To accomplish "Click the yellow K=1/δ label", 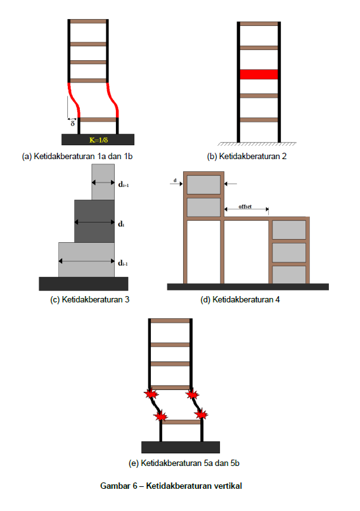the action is pyautogui.click(x=98, y=140).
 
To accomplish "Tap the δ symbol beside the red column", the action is pyautogui.click(x=73, y=124).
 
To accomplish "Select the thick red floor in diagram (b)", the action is pyautogui.click(x=259, y=74).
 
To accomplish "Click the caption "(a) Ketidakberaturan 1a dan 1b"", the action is pyautogui.click(x=77, y=157).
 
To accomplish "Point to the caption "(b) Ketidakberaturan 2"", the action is pyautogui.click(x=247, y=157).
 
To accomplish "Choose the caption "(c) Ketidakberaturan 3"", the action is pyautogui.click(x=89, y=299).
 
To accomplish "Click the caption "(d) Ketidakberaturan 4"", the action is pyautogui.click(x=240, y=299).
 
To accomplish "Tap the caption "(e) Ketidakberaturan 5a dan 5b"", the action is pyautogui.click(x=184, y=463).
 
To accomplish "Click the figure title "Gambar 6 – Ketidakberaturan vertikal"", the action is pyautogui.click(x=171, y=486).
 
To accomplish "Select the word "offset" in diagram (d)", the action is pyautogui.click(x=245, y=206).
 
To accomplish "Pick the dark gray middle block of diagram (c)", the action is pyautogui.click(x=94, y=221).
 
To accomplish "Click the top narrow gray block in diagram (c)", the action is pyautogui.click(x=103, y=182).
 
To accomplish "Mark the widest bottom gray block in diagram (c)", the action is pyautogui.click(x=87, y=260).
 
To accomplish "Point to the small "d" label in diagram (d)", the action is pyautogui.click(x=175, y=180).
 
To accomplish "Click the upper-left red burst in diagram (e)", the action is pyautogui.click(x=151, y=394).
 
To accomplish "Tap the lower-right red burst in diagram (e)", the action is pyautogui.click(x=201, y=414).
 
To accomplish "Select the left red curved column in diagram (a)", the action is pyautogui.click(x=74, y=100).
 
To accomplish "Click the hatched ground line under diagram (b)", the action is pyautogui.click(x=257, y=144).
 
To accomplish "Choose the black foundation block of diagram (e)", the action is pyautogui.click(x=181, y=447).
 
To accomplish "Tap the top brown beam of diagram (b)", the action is pyautogui.click(x=259, y=24).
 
